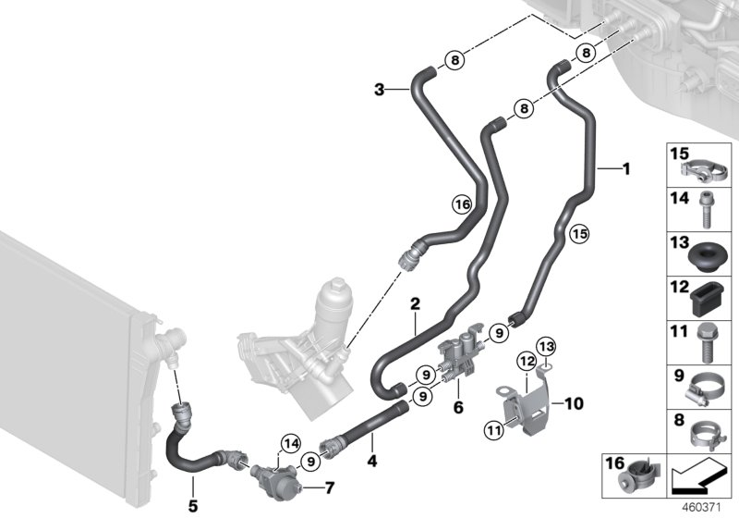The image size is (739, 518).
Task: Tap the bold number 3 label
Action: [380, 89]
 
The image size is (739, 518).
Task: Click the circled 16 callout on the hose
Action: [462, 203]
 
